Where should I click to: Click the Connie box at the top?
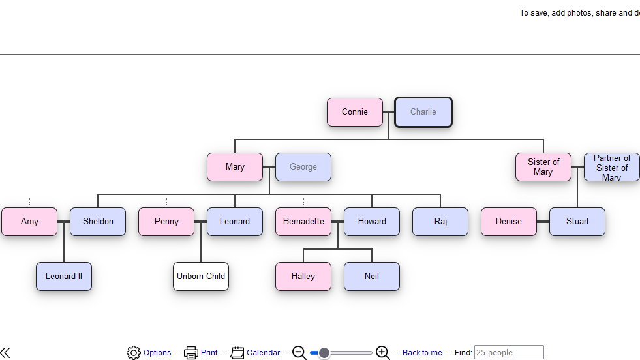coord(354,112)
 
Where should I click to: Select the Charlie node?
coord(423,112)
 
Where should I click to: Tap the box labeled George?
coord(303,167)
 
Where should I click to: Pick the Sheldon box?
coord(98,222)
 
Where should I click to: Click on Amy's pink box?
coord(29,222)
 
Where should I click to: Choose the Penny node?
coord(166,222)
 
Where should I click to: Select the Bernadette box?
coord(303,222)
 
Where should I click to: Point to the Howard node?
coord(372,222)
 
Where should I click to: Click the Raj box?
coord(440,222)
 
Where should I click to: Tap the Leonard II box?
coord(64,277)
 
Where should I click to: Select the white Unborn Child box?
coord(201,277)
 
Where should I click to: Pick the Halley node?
coord(303,277)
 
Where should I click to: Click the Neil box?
coord(372,277)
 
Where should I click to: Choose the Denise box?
coord(509,222)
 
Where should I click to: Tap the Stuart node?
coord(577,222)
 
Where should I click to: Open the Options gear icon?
coord(134,353)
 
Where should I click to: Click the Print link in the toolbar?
coord(209,353)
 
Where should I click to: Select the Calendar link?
coord(263,353)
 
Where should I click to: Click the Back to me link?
coord(422,353)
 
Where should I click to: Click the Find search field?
coord(509,353)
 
